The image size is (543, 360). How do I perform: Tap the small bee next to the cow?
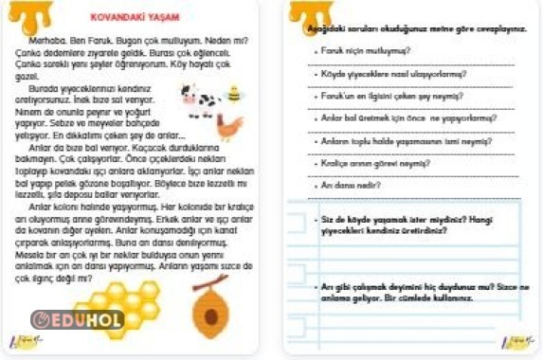pyautogui.click(x=232, y=95)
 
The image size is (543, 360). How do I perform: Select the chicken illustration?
pyautogui.click(x=228, y=126)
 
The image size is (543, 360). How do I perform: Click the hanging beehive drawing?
pyautogui.click(x=209, y=302)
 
